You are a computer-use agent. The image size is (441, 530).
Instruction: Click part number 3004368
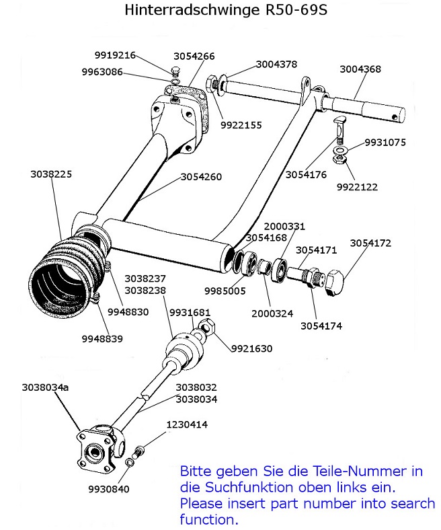point(360,69)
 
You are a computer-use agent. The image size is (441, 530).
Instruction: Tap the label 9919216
point(114,56)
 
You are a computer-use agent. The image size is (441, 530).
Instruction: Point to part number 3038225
point(50,174)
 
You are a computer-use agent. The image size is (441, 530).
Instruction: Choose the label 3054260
point(201,177)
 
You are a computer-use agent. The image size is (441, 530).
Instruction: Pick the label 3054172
point(370,243)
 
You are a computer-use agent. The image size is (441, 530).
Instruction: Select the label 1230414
point(188,425)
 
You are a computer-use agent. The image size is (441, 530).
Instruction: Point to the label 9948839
point(103,338)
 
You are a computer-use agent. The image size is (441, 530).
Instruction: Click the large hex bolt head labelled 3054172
point(334,283)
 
